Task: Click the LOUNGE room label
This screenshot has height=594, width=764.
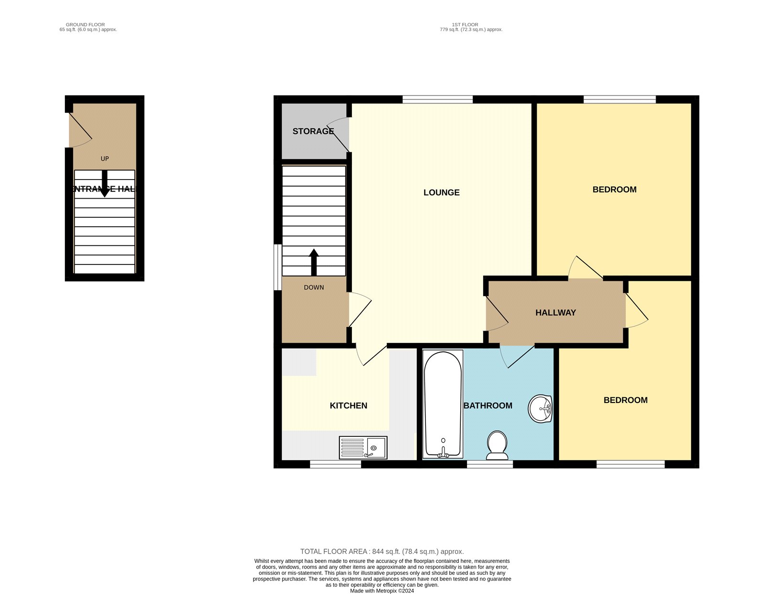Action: [441, 192]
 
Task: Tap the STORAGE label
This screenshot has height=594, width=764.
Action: [313, 131]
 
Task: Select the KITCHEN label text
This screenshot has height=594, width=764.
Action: [348, 405]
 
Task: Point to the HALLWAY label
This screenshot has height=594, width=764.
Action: [555, 312]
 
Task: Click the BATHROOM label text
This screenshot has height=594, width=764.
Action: [488, 405]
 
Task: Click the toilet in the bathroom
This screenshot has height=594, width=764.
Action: [497, 445]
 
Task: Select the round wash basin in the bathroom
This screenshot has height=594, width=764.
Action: [540, 409]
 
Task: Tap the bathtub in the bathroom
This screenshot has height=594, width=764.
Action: [443, 404]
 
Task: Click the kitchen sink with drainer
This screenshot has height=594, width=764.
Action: [363, 448]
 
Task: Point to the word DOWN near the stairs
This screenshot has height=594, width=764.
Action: [314, 287]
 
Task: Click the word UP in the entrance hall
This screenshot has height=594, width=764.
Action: [105, 159]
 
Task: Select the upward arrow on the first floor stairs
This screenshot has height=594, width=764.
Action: [314, 262]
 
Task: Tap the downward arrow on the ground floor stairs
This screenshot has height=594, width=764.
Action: [105, 184]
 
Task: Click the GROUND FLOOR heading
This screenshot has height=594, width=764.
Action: [85, 25]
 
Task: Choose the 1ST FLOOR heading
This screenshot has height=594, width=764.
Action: [465, 25]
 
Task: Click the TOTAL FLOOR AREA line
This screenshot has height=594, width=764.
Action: [382, 552]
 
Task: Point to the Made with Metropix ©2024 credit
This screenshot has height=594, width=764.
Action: [382, 591]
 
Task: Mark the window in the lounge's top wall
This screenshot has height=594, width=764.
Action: [437, 99]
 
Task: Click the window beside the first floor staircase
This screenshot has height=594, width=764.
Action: [278, 267]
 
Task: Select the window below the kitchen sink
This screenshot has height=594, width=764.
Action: [335, 464]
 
